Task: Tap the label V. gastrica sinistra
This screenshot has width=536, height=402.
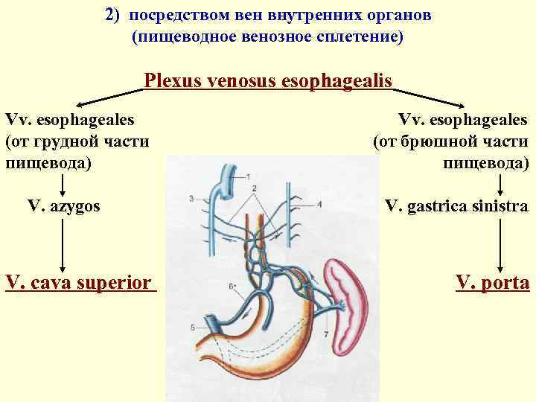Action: tap(456, 206)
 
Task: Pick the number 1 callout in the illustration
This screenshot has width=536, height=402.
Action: tap(247, 175)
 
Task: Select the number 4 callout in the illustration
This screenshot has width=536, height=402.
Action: tap(319, 203)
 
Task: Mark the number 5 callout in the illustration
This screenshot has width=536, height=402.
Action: tap(193, 328)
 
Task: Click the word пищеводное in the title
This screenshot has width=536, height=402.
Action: tap(185, 36)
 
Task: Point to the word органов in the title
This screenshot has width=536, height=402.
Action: tap(398, 15)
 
